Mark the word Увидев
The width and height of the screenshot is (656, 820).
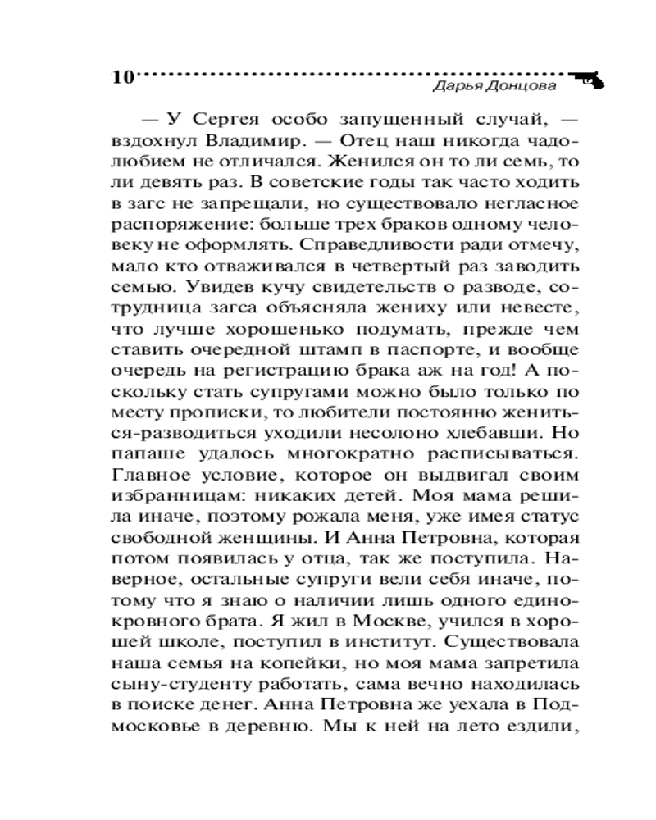221,289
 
